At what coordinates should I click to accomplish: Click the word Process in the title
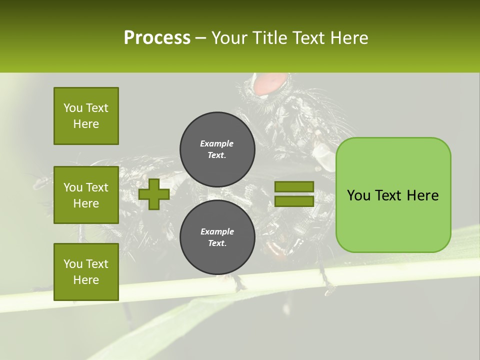(157, 38)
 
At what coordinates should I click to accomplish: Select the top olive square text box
(86, 116)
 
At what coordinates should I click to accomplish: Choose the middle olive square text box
(86, 195)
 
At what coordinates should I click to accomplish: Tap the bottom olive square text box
(86, 271)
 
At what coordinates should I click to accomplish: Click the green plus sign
(154, 194)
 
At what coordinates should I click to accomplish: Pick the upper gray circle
(217, 149)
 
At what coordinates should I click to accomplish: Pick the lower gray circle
(217, 237)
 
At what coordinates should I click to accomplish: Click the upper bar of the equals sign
(294, 186)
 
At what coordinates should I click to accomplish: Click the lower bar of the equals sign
(294, 201)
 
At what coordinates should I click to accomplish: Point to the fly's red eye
(271, 83)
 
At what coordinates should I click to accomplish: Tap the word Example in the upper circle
(217, 143)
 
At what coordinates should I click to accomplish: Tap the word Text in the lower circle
(217, 243)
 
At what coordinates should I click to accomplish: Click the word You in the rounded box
(358, 195)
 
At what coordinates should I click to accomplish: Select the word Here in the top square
(86, 124)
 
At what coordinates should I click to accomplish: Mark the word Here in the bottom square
(86, 280)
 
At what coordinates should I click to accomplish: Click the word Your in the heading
(229, 38)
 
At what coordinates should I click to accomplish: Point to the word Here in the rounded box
(422, 195)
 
